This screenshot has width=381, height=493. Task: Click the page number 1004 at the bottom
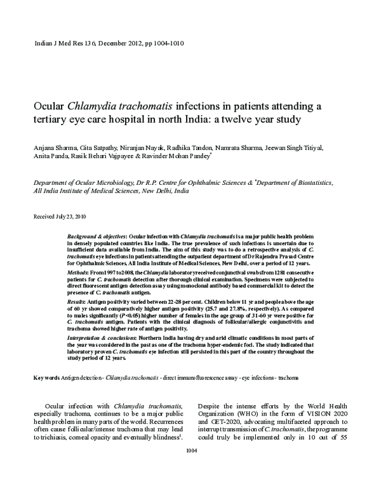click(190, 469)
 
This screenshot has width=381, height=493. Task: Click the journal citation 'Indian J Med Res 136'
click(60, 44)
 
